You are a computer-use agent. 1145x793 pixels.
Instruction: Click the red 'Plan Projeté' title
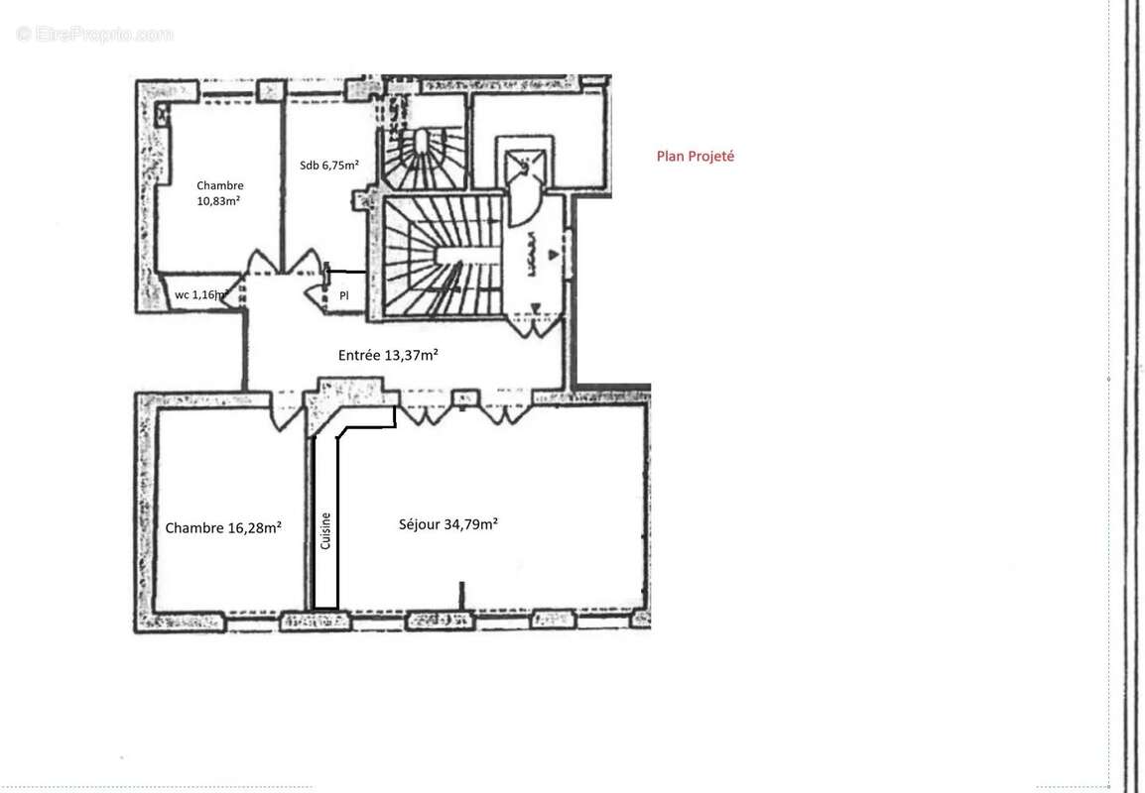696,157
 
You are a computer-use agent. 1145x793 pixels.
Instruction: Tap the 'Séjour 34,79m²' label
447,524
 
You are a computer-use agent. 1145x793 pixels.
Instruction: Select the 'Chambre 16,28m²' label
223,528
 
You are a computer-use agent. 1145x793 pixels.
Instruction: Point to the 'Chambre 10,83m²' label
220,193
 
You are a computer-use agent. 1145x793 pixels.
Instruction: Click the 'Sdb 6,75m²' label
329,166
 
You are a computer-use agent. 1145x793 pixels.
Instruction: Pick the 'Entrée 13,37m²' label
389,355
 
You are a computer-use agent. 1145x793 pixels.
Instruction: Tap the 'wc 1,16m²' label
201,294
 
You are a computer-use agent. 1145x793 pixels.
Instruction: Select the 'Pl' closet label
344,295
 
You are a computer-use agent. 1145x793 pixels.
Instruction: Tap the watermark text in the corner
95,34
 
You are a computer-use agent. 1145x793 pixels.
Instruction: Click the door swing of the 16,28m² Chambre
285,412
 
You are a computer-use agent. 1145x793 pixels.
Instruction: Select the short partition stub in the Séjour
461,595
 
